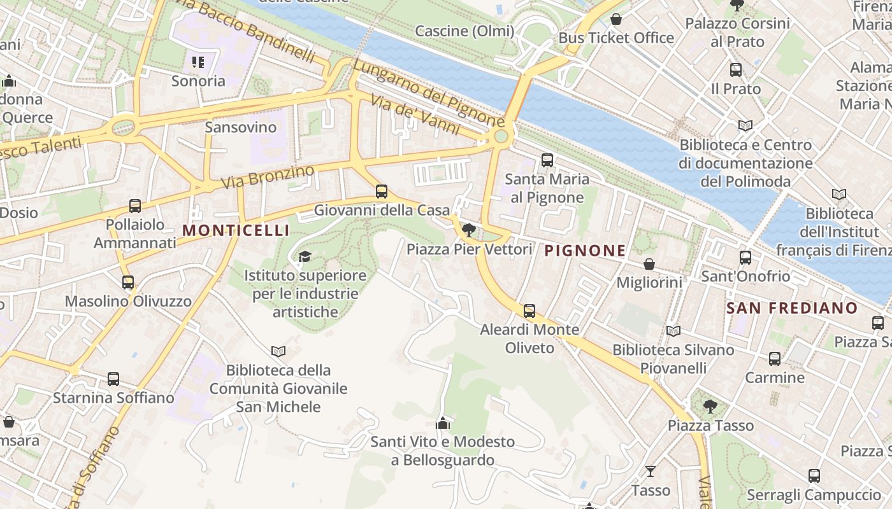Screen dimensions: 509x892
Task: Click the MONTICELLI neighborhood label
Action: (236, 230)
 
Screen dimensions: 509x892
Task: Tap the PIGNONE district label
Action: (585, 251)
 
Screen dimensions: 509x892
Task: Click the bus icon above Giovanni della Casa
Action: (381, 191)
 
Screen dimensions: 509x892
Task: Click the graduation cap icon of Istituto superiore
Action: (305, 256)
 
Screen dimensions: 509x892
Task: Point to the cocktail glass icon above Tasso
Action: (650, 471)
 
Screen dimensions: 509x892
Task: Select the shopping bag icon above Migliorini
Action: (649, 263)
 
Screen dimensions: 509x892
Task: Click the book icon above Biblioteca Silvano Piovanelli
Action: (673, 331)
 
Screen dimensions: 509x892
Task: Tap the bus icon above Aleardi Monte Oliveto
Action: (529, 311)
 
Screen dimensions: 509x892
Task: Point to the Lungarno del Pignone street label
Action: (428, 93)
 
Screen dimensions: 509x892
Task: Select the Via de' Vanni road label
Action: (417, 114)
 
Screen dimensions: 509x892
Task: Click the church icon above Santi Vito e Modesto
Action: (442, 423)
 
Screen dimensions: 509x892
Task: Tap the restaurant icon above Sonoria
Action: (198, 62)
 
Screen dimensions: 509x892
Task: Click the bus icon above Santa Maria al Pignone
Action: (547, 160)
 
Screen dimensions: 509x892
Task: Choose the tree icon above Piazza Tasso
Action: (710, 407)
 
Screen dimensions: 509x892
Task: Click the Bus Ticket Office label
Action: (616, 38)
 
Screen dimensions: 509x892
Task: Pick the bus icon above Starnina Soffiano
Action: (113, 379)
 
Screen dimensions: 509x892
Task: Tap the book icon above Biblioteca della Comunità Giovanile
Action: (278, 351)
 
